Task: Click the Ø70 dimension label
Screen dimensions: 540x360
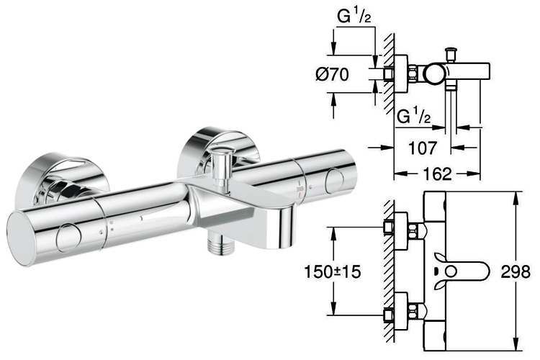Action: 332,74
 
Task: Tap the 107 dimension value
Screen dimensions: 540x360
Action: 422,148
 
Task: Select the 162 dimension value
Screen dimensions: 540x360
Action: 437,174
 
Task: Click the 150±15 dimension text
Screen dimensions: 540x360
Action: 333,272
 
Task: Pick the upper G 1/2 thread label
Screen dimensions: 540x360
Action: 354,16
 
